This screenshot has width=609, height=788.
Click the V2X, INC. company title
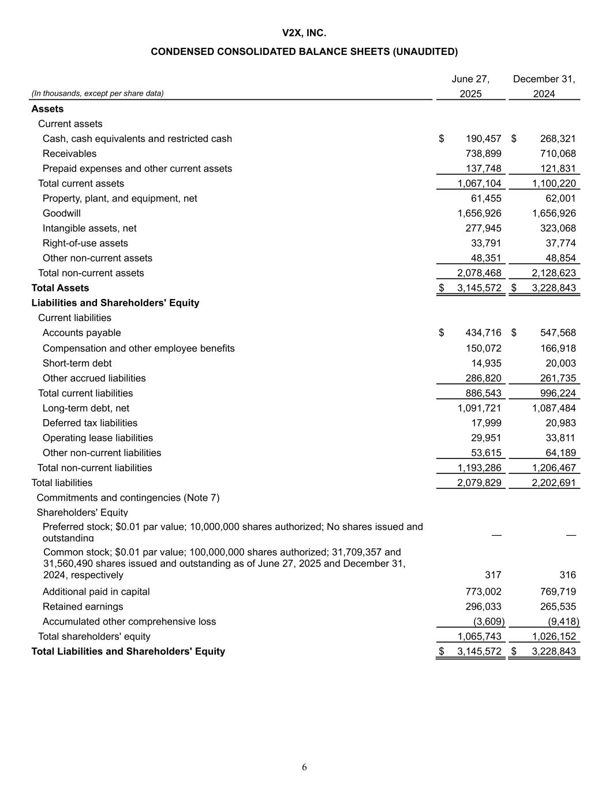(304, 33)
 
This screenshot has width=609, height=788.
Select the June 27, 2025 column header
(470, 86)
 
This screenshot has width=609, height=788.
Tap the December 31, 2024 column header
(544, 86)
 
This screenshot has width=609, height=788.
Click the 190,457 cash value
(483, 139)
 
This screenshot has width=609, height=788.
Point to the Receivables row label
(69, 154)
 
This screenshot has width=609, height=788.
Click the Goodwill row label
(62, 214)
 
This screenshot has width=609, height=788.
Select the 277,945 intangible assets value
(483, 229)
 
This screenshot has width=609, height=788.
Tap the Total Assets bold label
(60, 288)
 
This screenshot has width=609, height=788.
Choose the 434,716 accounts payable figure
(483, 333)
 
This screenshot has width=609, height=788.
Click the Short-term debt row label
(77, 364)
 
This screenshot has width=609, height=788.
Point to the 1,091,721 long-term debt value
(479, 408)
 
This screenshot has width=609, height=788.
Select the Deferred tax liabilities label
(90, 423)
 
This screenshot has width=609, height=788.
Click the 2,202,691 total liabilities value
(554, 483)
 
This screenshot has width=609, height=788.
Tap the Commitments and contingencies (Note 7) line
(128, 498)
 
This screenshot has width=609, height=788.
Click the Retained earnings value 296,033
(483, 607)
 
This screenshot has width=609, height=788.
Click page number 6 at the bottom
(304, 767)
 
